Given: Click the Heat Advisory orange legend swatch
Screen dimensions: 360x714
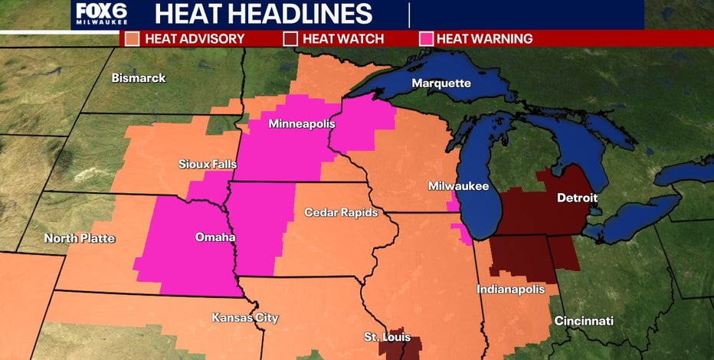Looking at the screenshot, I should pos(133,38).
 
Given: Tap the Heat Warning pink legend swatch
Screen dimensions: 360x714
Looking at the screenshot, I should pos(426,38).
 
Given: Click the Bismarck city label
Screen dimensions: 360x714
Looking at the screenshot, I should pos(138,78).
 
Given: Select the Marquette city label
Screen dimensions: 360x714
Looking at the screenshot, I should pos(441,83).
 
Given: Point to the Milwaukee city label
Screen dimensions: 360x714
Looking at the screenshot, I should pos(458,186).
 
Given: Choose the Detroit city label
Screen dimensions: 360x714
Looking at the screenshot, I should pos(577,198).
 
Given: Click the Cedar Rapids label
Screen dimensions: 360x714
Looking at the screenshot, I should pos(341,212).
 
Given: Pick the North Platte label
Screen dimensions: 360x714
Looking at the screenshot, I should pos(80,238).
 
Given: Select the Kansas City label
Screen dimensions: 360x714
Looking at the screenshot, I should pos(245,318).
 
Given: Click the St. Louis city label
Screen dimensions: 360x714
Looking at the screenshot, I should pos(387,337).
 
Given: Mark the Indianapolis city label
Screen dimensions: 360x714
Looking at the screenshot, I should pos(510,290).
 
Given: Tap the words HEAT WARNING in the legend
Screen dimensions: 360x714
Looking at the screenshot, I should pos(483,38).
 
